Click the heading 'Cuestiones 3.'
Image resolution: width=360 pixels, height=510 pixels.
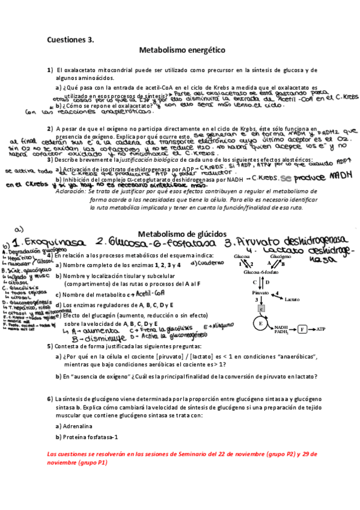[x=71, y=40]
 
